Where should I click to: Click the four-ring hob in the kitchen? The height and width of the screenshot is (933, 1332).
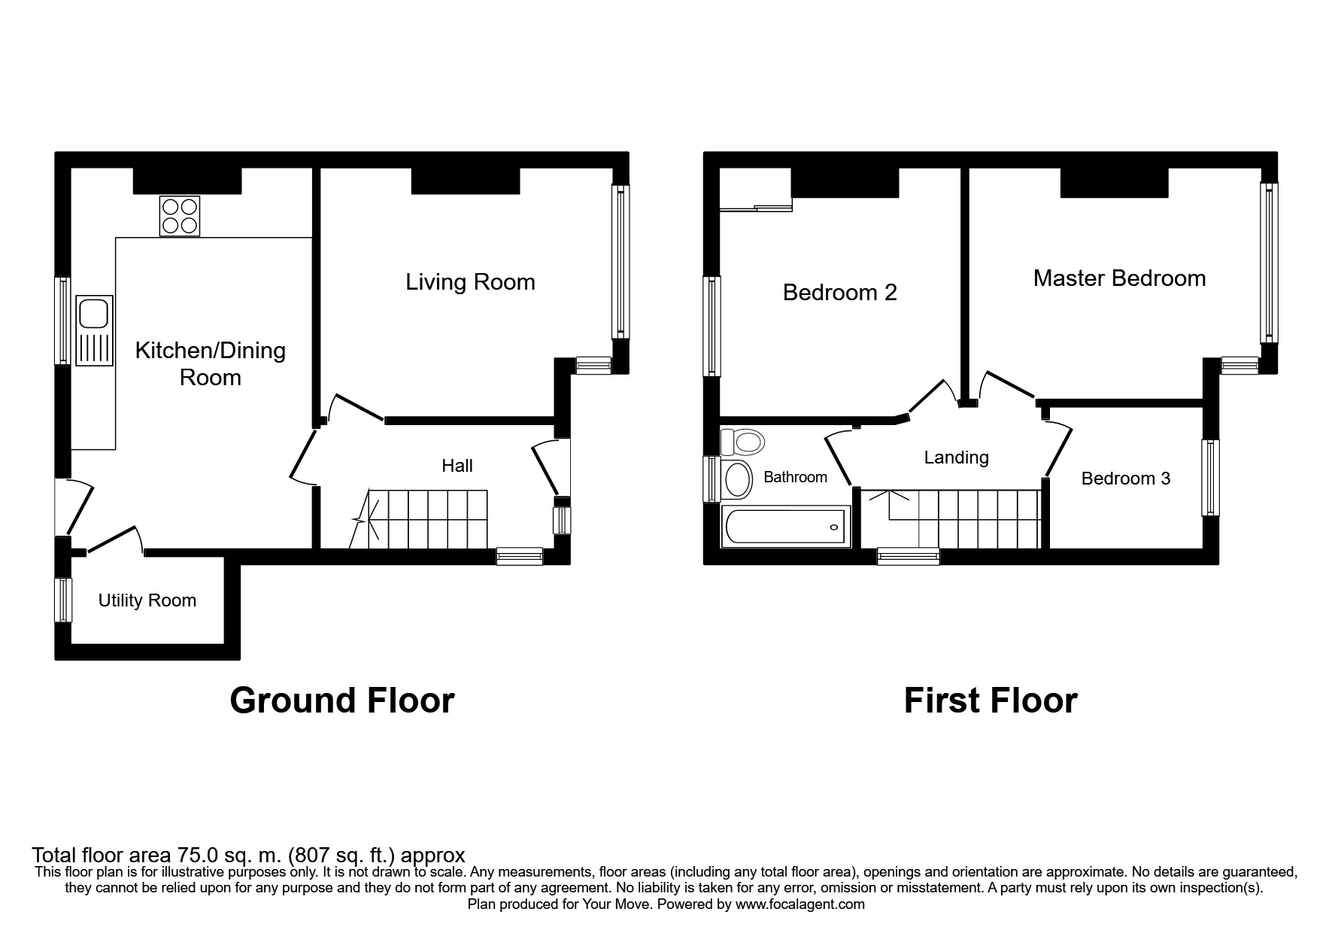(x=180, y=216)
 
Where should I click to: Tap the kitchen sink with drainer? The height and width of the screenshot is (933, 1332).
(x=95, y=330)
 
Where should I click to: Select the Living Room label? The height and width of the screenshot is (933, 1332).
(x=470, y=282)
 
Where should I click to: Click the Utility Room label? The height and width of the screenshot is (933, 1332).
(x=147, y=600)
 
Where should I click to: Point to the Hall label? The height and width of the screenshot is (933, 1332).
(x=457, y=466)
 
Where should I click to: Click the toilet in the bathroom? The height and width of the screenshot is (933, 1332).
(x=742, y=442)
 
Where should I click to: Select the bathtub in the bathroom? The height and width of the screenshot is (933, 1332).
(x=786, y=527)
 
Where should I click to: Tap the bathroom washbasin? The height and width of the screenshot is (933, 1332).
(x=736, y=479)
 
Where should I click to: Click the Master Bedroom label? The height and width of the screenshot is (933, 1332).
(x=1119, y=278)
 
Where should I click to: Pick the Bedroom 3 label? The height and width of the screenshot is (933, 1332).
(x=1126, y=479)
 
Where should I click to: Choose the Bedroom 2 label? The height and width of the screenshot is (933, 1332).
(x=840, y=293)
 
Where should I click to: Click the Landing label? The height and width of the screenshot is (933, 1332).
(x=957, y=457)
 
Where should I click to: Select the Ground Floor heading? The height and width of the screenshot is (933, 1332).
(x=342, y=701)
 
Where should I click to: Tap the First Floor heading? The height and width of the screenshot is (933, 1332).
(x=991, y=701)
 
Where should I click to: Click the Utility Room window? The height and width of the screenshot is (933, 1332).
(x=63, y=600)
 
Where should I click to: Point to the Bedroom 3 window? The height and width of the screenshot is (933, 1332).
(x=1210, y=477)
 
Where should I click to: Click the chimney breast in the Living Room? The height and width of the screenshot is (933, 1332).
(x=466, y=181)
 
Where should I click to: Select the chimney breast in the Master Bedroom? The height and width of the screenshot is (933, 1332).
(x=1114, y=183)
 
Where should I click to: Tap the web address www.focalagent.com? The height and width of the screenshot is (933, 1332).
(x=800, y=904)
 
